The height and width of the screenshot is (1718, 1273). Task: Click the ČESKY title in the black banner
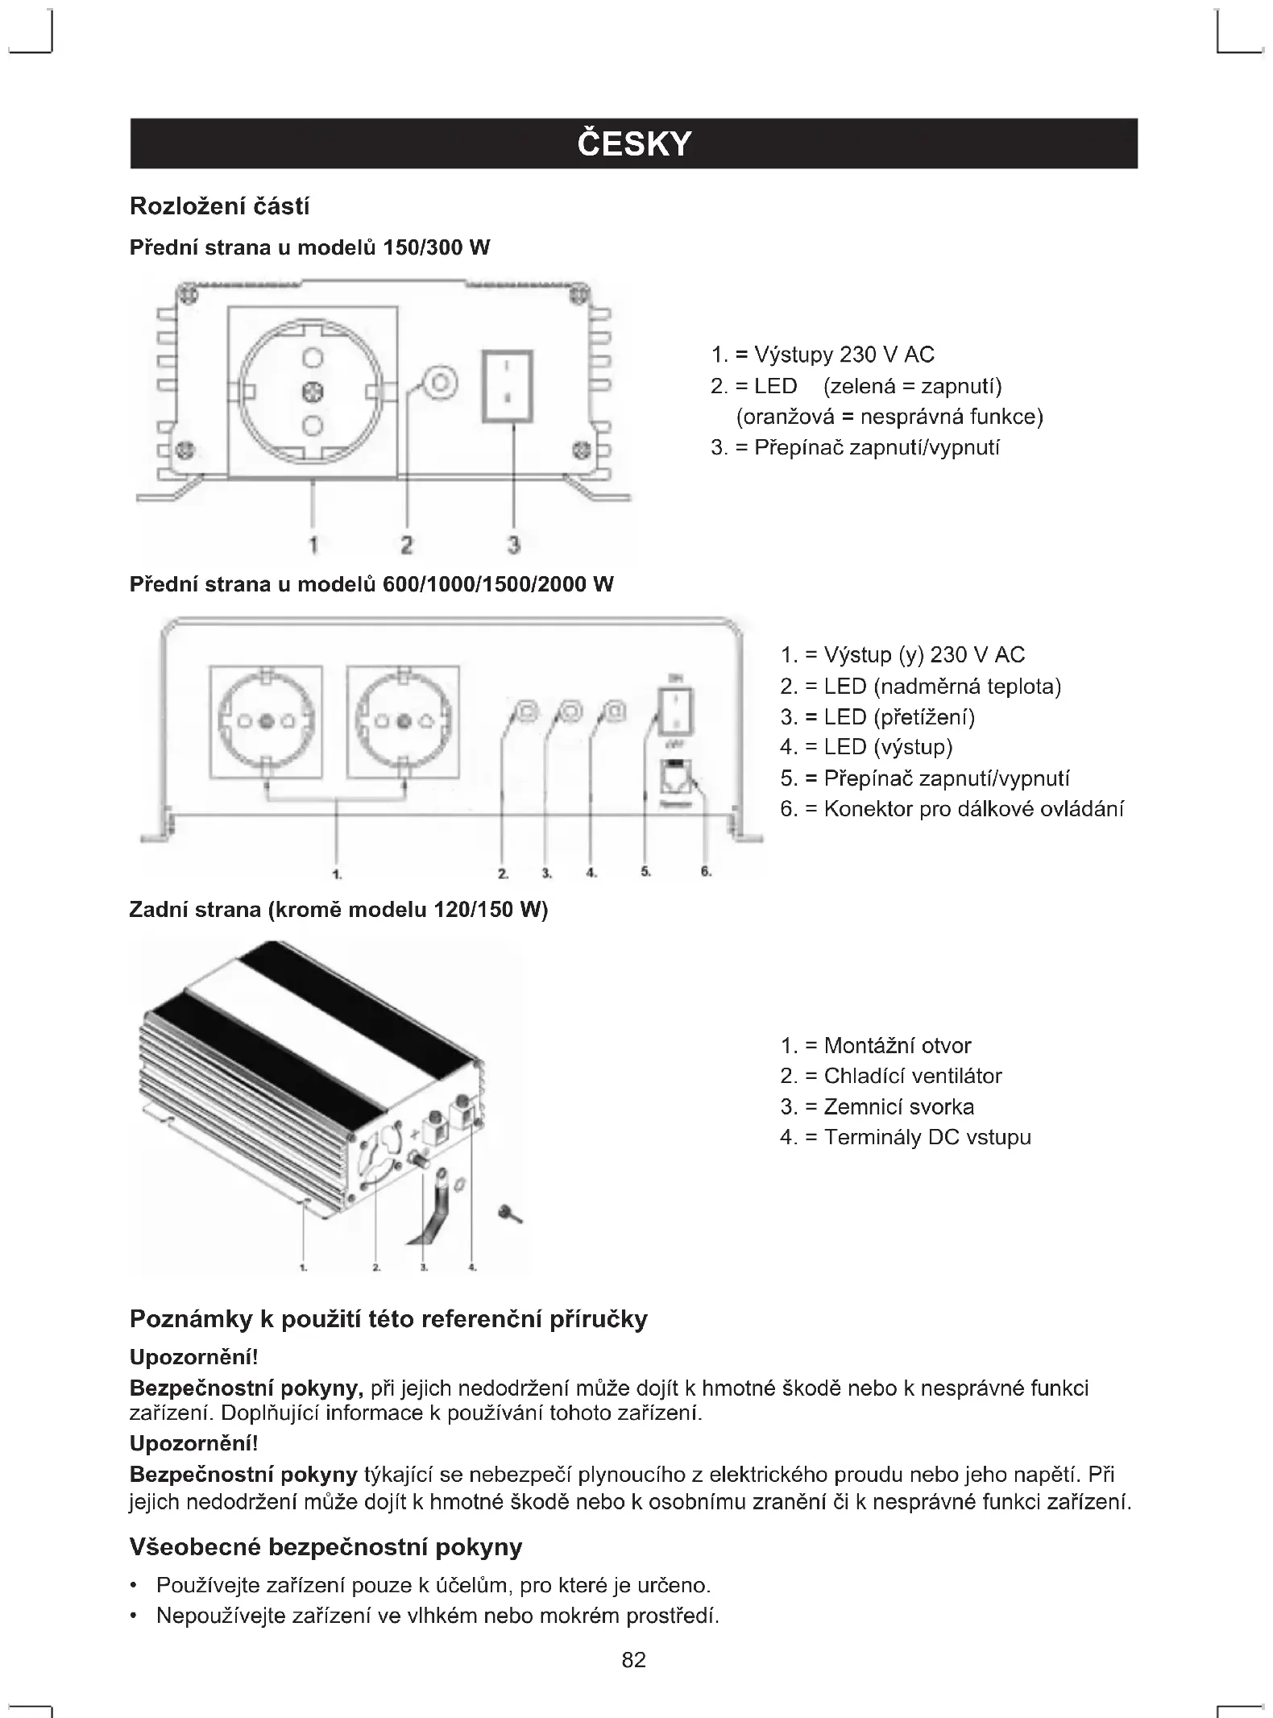click(x=634, y=144)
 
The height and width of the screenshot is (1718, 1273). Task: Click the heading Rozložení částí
click(x=219, y=207)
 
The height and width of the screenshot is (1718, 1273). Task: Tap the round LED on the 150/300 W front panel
click(x=440, y=381)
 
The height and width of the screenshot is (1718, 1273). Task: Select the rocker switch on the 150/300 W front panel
click(x=507, y=386)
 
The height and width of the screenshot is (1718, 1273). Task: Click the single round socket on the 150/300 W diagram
click(x=313, y=392)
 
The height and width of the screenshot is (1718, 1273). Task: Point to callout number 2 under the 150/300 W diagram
click(x=406, y=546)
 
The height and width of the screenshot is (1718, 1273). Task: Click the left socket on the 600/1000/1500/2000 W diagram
click(x=266, y=721)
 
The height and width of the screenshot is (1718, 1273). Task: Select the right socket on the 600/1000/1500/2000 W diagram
click(x=404, y=721)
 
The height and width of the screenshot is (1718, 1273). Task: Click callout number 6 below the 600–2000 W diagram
click(x=706, y=872)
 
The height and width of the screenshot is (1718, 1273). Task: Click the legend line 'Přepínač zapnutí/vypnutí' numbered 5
click(x=925, y=778)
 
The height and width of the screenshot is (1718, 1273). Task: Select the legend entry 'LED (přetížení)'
click(x=877, y=717)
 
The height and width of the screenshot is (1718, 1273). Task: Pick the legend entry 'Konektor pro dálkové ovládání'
click(x=952, y=809)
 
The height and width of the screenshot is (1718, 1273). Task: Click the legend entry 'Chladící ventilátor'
click(x=891, y=1076)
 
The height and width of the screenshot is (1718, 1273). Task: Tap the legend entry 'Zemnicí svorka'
click(x=877, y=1106)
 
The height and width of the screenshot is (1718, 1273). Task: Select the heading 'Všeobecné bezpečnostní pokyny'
click(x=326, y=1547)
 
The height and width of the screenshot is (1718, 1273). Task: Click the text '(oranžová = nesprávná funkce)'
click(x=889, y=417)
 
